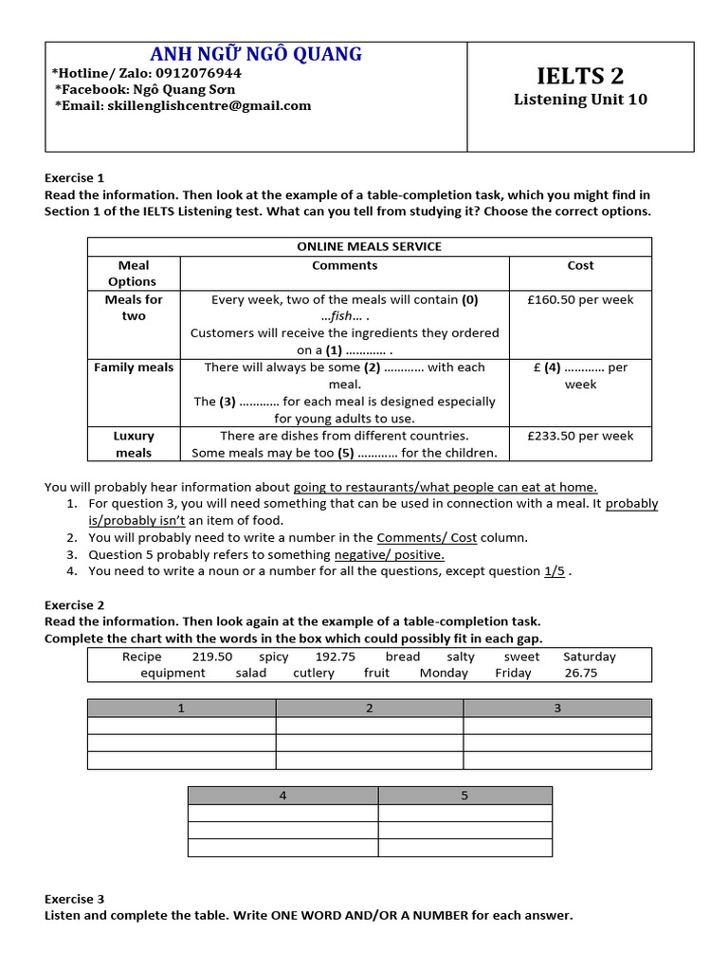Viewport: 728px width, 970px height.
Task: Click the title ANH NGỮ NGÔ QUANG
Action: (255, 54)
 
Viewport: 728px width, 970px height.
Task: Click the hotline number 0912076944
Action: (194, 73)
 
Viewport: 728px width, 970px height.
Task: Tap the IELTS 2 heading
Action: (580, 76)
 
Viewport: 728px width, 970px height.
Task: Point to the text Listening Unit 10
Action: (580, 99)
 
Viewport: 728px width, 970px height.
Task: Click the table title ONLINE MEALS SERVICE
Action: (369, 246)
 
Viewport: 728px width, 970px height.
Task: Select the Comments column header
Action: (344, 265)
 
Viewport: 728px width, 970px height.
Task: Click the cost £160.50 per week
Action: (580, 299)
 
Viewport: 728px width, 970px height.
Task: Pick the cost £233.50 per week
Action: (580, 436)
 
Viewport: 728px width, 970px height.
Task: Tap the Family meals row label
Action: (134, 368)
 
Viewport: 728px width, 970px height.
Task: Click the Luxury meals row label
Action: (134, 444)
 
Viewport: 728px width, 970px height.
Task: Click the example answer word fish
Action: (344, 316)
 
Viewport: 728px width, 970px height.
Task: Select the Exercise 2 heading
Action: (75, 605)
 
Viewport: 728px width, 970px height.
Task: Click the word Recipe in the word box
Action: (142, 656)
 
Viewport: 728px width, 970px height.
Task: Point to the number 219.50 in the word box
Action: (212, 656)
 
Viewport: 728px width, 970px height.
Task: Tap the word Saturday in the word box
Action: (589, 656)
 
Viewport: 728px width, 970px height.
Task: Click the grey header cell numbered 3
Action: (557, 708)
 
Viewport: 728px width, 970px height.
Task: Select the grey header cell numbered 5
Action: (464, 795)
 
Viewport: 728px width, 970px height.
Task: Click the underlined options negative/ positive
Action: (390, 554)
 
